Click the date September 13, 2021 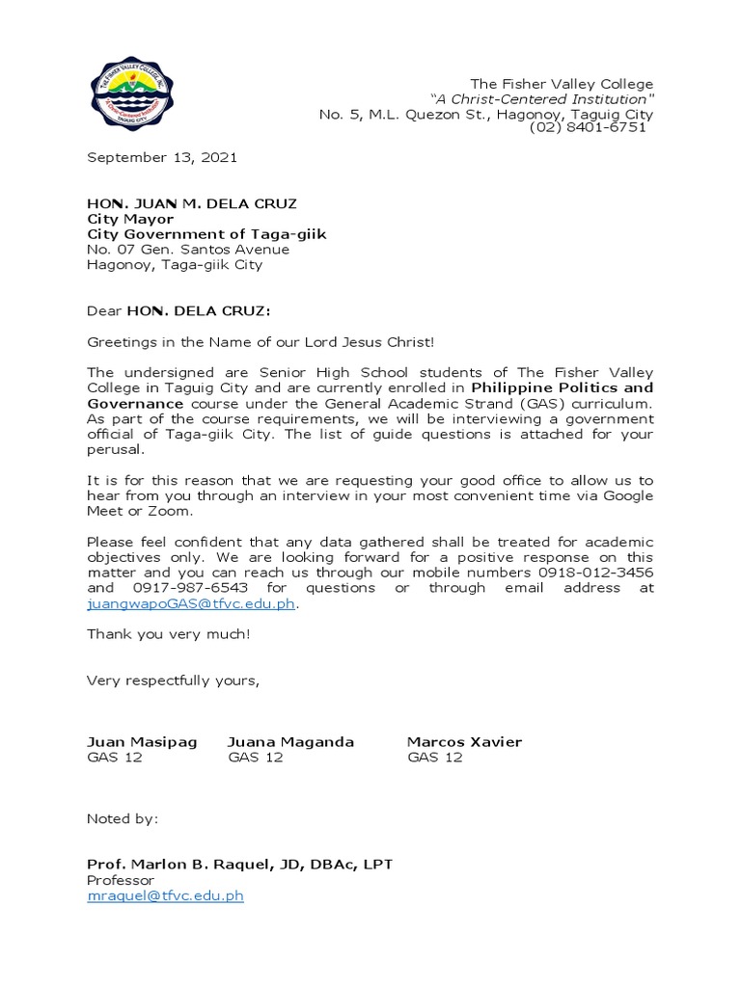click(x=162, y=157)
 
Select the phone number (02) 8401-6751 click(x=588, y=128)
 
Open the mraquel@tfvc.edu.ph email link click(x=165, y=895)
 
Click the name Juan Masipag click(x=142, y=742)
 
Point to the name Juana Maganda click(x=290, y=742)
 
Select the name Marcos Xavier click(x=464, y=742)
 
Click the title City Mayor click(x=130, y=219)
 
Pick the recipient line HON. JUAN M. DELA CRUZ click(x=192, y=203)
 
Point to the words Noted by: click(x=123, y=819)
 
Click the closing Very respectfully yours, click(x=173, y=680)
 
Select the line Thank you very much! click(x=169, y=634)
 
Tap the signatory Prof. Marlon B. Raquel click(x=203, y=865)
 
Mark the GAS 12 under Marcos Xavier click(x=435, y=758)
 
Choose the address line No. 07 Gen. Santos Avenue click(x=188, y=250)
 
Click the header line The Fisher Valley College click(x=562, y=84)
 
